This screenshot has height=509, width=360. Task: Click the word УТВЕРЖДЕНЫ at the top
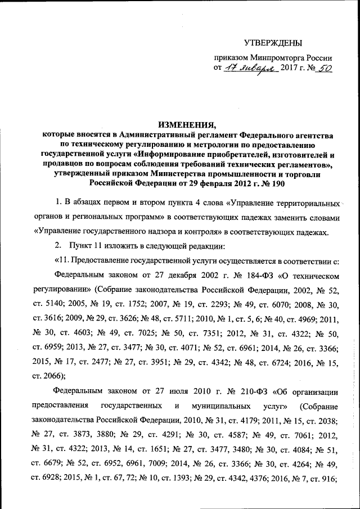[x=273, y=43]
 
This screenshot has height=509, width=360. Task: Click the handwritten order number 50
[x=322, y=68]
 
